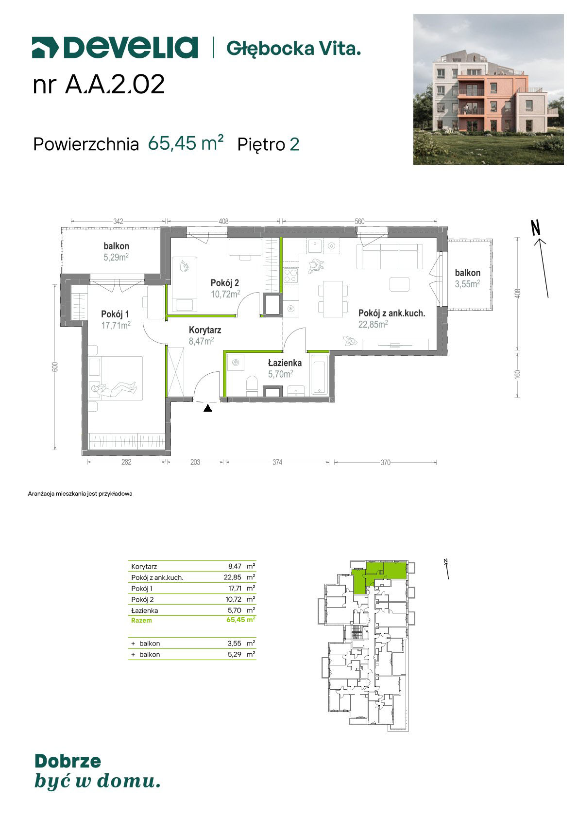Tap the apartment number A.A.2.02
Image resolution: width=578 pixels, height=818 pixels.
(115, 85)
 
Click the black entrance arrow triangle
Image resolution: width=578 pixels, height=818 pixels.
(207, 408)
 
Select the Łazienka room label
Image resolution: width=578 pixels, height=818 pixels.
(285, 363)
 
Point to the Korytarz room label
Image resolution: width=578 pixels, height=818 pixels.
(204, 330)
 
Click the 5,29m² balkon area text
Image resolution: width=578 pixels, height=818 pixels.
(116, 257)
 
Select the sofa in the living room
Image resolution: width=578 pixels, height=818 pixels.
(390, 256)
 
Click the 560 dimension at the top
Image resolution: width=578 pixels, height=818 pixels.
(359, 221)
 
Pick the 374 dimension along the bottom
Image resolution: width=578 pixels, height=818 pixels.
(277, 462)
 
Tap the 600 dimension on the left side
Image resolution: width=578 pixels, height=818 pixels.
(55, 366)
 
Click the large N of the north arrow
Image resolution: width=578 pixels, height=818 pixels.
(535, 228)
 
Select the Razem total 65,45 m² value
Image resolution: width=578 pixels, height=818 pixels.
(241, 620)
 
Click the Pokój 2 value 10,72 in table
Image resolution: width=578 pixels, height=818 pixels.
(234, 599)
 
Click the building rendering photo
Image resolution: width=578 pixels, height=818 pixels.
(488, 89)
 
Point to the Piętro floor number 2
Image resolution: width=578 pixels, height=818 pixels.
(294, 145)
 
